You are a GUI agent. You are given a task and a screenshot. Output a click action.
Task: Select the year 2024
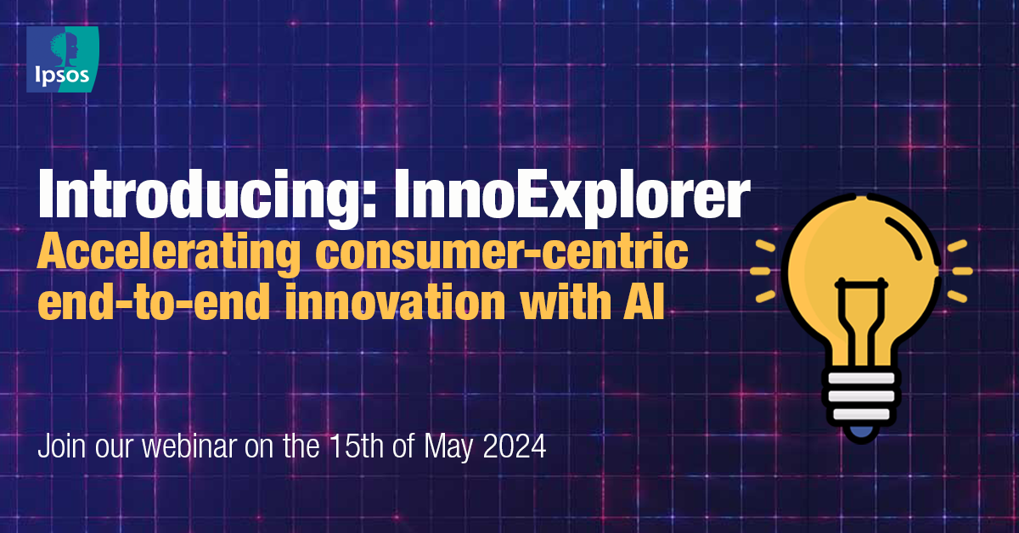[521, 446]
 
